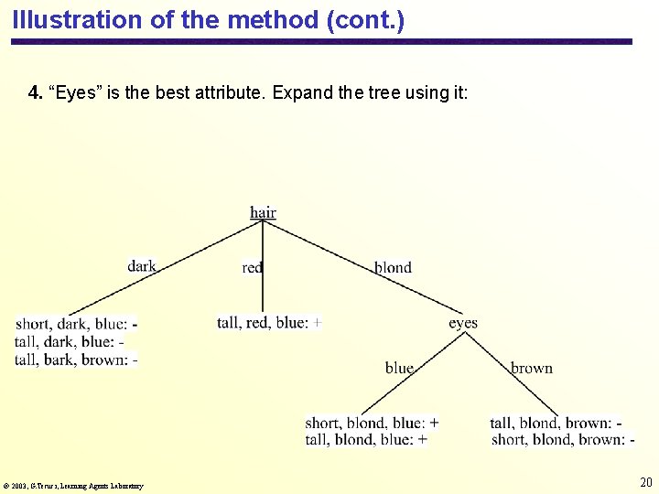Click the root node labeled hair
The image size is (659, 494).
pyautogui.click(x=263, y=212)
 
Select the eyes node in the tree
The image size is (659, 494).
pyautogui.click(x=462, y=323)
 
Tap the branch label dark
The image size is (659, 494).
pyautogui.click(x=142, y=266)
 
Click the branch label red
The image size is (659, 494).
pyautogui.click(x=253, y=267)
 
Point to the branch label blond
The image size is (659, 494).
pyautogui.click(x=393, y=267)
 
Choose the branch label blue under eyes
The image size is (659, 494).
pyautogui.click(x=399, y=368)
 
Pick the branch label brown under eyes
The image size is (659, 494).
pyautogui.click(x=531, y=368)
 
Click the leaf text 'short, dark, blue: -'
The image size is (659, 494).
pyautogui.click(x=77, y=324)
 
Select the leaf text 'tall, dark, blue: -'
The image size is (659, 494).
pyautogui.click(x=70, y=341)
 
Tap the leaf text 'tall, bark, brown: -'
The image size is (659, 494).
pyautogui.click(x=77, y=360)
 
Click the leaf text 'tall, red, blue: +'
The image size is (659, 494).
pyautogui.click(x=269, y=322)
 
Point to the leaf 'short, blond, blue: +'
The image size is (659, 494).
pyautogui.click(x=372, y=423)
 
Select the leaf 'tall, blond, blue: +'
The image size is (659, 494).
pyautogui.click(x=366, y=440)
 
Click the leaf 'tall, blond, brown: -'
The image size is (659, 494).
pyautogui.click(x=556, y=423)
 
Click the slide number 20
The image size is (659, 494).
pyautogui.click(x=646, y=482)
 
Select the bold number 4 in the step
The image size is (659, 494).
pyautogui.click(x=36, y=92)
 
